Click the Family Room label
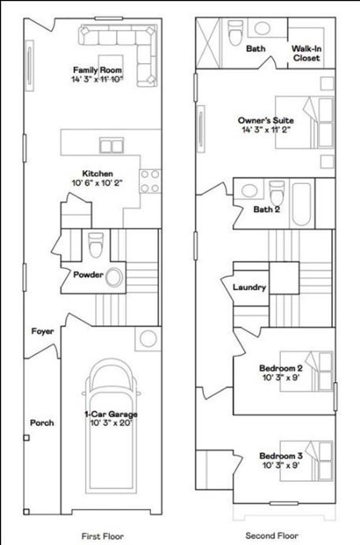(x=97, y=70)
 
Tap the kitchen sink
(x=111, y=146)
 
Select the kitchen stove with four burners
(x=150, y=181)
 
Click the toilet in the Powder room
(x=96, y=245)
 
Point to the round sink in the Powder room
(x=114, y=277)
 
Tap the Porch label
(x=42, y=423)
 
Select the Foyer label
(x=43, y=331)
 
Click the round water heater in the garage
(x=148, y=338)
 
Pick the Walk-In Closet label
(x=306, y=53)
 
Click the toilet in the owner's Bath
(x=235, y=32)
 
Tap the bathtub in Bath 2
(x=301, y=204)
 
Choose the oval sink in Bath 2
(x=250, y=191)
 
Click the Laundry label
(x=249, y=287)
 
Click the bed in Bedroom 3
(x=306, y=461)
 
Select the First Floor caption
(x=103, y=536)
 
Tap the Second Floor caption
(x=272, y=535)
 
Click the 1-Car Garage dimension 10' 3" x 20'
(x=111, y=423)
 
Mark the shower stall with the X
(x=208, y=43)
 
